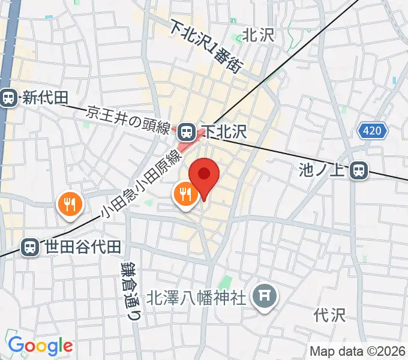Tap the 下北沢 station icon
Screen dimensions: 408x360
187,130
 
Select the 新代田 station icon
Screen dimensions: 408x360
8,98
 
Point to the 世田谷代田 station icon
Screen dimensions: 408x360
28,247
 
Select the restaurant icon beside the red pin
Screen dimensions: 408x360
185,195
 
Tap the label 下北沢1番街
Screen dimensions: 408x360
205,47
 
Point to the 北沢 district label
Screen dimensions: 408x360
258,35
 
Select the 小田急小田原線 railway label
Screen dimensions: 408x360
142,184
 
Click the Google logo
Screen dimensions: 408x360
40,346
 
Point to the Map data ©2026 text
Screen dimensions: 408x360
358,351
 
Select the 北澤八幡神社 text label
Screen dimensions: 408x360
197,297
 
